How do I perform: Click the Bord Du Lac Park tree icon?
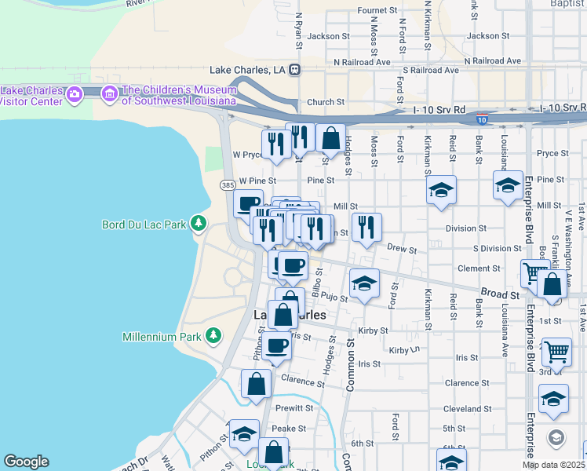click(x=198, y=225)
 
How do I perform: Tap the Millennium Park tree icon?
click(x=213, y=337)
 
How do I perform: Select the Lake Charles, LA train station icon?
click(x=295, y=69)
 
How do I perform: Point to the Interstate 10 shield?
click(x=482, y=119)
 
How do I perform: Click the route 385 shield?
click(x=228, y=185)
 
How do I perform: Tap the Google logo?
click(x=26, y=462)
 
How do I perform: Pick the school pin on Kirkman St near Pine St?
click(x=441, y=190)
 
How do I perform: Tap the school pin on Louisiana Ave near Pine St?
click(x=508, y=186)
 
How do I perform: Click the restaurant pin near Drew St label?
click(x=366, y=228)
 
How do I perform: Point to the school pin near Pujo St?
click(x=364, y=283)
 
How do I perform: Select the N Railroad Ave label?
click(x=362, y=60)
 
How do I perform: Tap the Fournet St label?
click(x=374, y=10)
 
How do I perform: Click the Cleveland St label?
click(x=466, y=409)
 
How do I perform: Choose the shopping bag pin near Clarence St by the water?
click(x=257, y=384)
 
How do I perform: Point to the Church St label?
click(x=326, y=102)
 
